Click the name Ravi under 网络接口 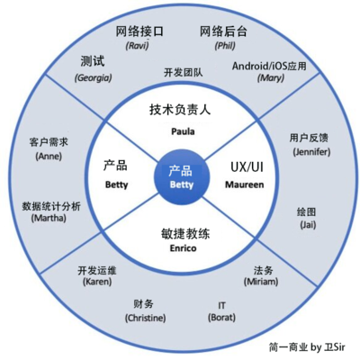(138, 45)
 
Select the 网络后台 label (223, 30)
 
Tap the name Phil (223, 45)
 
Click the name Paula (182, 130)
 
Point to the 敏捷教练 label (182, 231)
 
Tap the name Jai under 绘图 (307, 225)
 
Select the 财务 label (143, 303)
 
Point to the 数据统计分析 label (51, 205)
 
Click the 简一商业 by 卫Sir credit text (306, 346)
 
